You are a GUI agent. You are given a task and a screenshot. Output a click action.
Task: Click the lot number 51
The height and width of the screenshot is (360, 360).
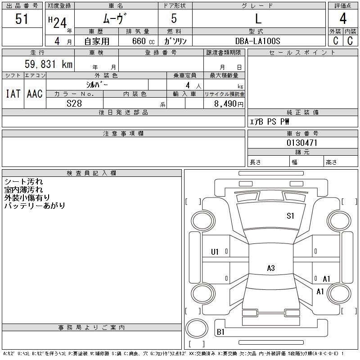(x=22, y=19)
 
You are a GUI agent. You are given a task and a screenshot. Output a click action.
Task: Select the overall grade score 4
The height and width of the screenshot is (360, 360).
(x=343, y=18)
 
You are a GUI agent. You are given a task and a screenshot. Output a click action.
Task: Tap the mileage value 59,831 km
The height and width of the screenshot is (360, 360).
(x=49, y=64)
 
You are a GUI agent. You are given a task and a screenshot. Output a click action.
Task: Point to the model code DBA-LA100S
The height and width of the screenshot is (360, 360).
(x=257, y=41)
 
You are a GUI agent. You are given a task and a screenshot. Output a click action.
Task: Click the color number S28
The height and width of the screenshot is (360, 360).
(x=74, y=103)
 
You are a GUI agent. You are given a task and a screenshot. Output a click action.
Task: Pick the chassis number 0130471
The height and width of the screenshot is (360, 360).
(x=302, y=143)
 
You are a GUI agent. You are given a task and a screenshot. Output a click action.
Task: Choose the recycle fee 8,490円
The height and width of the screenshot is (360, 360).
(x=229, y=104)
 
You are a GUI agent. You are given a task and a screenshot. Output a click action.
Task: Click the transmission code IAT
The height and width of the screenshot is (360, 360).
(x=13, y=94)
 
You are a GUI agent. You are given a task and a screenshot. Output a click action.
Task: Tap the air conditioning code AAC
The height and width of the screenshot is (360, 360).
(x=35, y=94)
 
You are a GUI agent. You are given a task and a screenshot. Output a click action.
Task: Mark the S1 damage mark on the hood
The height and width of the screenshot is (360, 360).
(x=290, y=216)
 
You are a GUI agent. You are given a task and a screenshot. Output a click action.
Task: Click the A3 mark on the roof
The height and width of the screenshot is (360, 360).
(x=271, y=268)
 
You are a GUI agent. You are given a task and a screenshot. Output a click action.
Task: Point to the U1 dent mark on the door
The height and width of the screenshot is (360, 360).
(x=215, y=252)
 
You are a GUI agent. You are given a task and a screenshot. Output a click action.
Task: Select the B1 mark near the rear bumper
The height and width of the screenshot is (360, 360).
(x=220, y=332)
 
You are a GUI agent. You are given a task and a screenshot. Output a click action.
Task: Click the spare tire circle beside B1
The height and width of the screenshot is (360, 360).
(x=197, y=328)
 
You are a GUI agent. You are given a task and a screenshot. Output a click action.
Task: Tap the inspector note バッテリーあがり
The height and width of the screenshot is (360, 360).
(x=35, y=206)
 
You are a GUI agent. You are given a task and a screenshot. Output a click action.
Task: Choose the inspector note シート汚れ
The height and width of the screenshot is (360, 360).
(x=24, y=182)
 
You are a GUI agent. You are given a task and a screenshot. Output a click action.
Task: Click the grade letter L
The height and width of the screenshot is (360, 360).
(x=258, y=18)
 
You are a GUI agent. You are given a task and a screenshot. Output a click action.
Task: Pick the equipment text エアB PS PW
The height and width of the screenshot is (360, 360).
(x=269, y=121)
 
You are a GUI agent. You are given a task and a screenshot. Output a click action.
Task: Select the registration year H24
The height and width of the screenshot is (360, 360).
(x=58, y=22)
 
